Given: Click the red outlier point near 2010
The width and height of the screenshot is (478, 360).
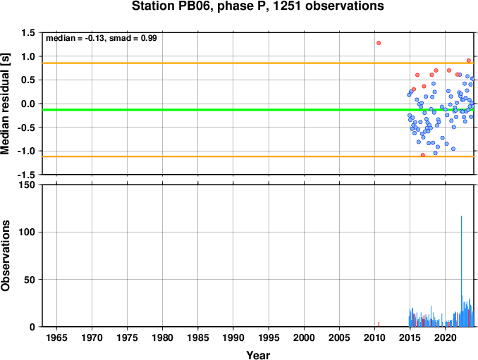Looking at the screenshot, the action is (x=379, y=43).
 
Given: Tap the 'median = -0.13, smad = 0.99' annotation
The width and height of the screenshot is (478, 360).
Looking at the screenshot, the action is (x=102, y=38).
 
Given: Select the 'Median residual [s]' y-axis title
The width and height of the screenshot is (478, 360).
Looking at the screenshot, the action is (x=5, y=104).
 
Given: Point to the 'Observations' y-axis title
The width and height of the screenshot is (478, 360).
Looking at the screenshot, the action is (x=5, y=256).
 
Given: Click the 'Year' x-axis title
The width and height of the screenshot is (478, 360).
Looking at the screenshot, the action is (x=258, y=355).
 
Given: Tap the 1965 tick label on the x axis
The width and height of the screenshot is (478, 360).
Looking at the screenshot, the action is (x=56, y=337).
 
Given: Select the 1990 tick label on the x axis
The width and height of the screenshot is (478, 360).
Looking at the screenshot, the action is (x=233, y=337).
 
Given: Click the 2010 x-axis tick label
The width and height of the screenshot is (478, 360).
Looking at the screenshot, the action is (x=374, y=337).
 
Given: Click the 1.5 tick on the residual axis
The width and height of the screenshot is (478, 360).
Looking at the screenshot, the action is (x=28, y=32).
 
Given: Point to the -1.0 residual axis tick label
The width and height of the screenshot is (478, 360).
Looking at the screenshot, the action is (x=26, y=151).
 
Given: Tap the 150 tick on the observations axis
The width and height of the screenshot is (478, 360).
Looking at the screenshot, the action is (x=27, y=185).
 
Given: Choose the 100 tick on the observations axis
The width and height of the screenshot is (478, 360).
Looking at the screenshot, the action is (x=27, y=232).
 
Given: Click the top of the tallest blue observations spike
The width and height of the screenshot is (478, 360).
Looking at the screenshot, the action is (x=461, y=216).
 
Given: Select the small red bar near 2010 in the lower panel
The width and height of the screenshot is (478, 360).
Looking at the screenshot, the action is (x=379, y=324).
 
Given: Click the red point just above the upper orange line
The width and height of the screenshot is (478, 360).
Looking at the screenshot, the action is (x=469, y=61).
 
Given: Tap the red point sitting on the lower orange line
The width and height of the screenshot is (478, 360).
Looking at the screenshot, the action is (x=423, y=155).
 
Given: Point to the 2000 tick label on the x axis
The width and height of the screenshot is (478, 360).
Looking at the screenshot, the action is (x=304, y=337).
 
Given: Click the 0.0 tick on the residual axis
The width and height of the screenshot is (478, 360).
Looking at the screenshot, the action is (x=28, y=104).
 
